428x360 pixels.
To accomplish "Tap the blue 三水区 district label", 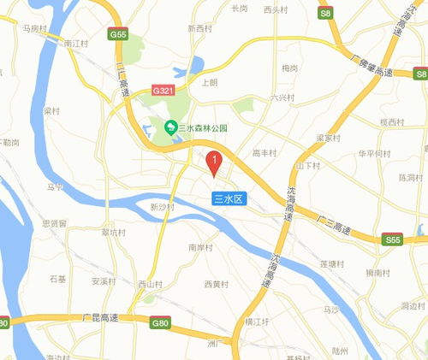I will [229, 198].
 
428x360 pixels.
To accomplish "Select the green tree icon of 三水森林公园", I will [170, 128].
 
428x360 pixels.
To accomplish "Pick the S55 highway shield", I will [393, 240].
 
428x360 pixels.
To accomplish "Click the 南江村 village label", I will [76, 41].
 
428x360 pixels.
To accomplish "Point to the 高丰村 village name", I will [264, 153].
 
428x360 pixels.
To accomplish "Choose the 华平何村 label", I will [374, 154].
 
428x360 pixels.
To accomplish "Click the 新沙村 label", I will [162, 207].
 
